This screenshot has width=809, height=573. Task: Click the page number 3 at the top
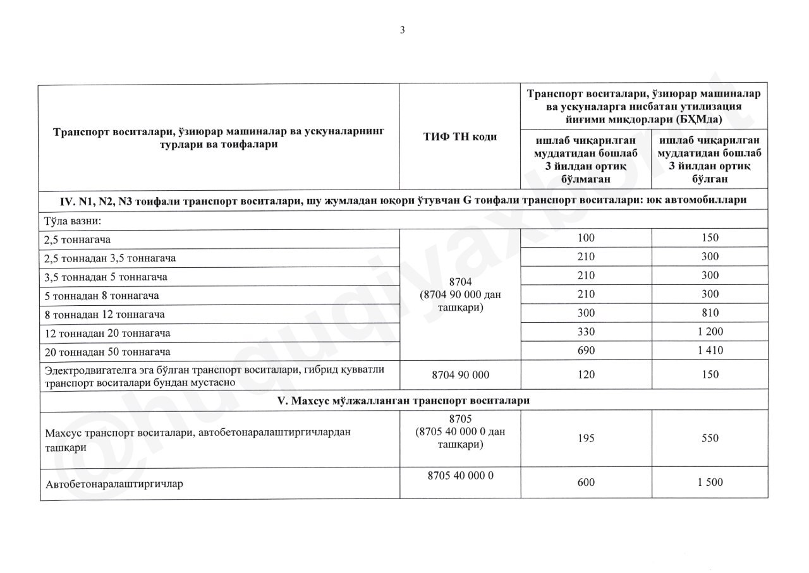point(402,29)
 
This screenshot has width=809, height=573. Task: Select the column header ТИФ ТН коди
point(459,137)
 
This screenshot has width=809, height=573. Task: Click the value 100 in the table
point(586,238)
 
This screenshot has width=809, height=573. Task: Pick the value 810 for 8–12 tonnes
point(710,313)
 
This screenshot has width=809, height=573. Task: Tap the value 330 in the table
point(586,332)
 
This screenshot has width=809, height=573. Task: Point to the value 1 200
point(710,332)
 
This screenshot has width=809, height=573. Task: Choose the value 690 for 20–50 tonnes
point(586,350)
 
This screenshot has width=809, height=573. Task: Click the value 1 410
point(710,350)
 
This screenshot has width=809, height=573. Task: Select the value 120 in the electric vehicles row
point(586,375)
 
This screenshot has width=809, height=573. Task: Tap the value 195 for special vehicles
point(586,438)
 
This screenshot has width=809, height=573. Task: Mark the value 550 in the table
point(710,438)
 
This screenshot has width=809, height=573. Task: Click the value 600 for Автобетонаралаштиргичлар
point(586,483)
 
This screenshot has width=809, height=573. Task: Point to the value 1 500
point(710,483)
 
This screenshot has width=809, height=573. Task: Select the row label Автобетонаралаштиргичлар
point(119,485)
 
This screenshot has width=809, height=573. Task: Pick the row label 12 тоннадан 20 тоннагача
point(107,332)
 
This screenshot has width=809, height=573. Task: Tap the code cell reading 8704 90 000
point(460,375)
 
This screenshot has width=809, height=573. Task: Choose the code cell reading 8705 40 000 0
point(460,476)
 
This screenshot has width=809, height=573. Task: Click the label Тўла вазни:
point(73,220)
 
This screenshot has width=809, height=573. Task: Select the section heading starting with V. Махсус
point(403,401)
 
